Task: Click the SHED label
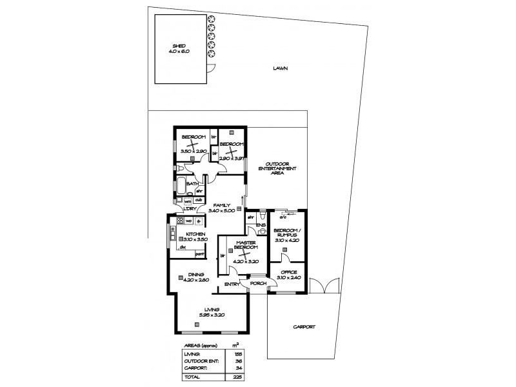(x=178, y=46)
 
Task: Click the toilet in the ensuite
(x=262, y=230)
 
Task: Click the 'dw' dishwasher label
(x=183, y=246)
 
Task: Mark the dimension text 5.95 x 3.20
(x=210, y=315)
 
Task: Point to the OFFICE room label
(x=288, y=273)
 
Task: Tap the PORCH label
(x=257, y=284)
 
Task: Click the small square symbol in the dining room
(x=181, y=278)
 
